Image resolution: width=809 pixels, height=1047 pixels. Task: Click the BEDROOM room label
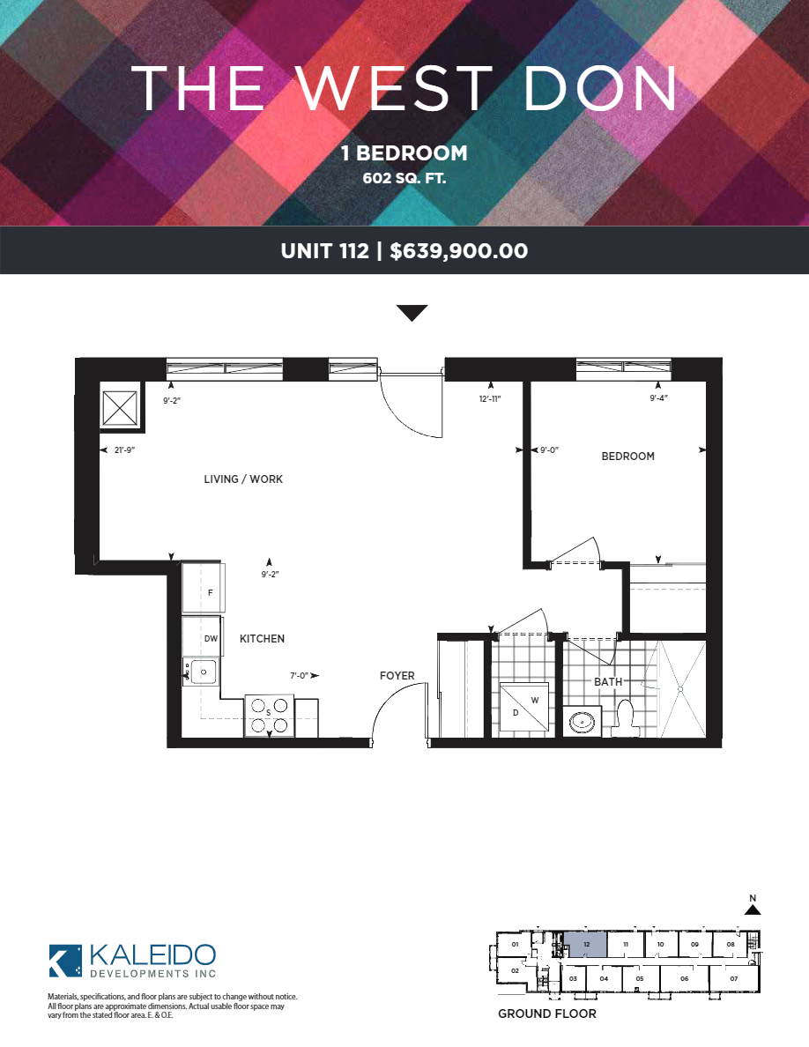click(627, 456)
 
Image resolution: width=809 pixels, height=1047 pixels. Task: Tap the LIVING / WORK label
click(243, 479)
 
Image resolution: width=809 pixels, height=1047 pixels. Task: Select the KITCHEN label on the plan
click(262, 638)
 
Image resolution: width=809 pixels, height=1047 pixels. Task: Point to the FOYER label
click(397, 676)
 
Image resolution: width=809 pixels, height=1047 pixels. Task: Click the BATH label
click(608, 682)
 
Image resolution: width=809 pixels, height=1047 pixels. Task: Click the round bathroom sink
click(582, 722)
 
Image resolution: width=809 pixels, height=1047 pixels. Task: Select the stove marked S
click(269, 715)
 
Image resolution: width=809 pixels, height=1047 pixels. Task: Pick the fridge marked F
click(204, 588)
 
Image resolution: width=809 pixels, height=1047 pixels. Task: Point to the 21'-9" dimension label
click(124, 450)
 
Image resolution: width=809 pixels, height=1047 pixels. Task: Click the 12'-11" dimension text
click(490, 398)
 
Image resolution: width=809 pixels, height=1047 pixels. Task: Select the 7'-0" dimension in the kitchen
click(299, 676)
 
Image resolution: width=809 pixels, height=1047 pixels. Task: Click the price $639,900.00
click(458, 251)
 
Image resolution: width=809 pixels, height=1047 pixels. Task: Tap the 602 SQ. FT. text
click(404, 178)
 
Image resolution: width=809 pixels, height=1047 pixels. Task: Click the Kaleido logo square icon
click(65, 961)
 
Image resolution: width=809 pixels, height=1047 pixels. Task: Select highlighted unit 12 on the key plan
click(586, 945)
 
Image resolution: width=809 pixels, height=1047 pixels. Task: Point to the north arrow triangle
click(753, 910)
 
